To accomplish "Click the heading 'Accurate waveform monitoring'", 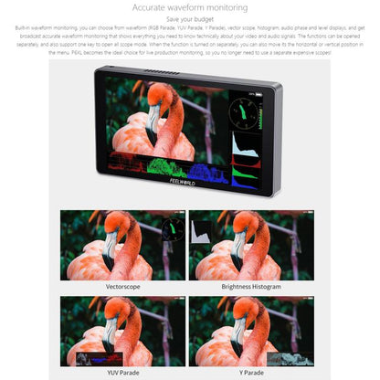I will (190, 7).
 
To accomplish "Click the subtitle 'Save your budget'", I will (190, 20).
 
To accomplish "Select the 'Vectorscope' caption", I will (122, 286).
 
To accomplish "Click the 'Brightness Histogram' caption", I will (251, 286).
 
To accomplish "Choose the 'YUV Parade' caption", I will (122, 372).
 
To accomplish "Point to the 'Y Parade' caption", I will (251, 372).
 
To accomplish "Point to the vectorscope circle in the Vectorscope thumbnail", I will (171, 229).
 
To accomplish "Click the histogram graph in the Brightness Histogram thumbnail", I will (201, 230).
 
